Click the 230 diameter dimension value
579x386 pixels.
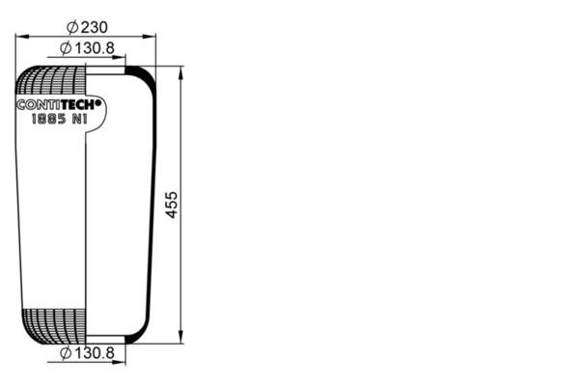(x=95, y=27)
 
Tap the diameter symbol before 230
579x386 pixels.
(x=72, y=27)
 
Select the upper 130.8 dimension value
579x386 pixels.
(x=95, y=48)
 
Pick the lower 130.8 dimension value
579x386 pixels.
(x=95, y=353)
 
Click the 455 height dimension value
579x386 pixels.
(x=171, y=205)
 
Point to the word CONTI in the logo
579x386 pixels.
(x=39, y=105)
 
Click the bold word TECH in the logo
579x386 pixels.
(x=78, y=105)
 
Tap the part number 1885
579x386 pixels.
(x=48, y=119)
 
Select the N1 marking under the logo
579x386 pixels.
(x=80, y=119)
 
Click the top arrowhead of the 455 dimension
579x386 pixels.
(x=180, y=73)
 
